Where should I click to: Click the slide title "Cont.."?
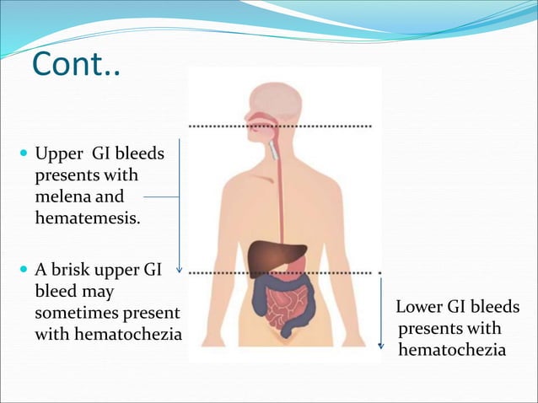coord(76,63)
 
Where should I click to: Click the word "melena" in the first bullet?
coord(62,197)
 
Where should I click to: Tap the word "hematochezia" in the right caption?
coord(452,348)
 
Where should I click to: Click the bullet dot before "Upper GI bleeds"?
coord(22,156)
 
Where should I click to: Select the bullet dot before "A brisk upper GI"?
coord(22,272)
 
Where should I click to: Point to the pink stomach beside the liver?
coord(296,268)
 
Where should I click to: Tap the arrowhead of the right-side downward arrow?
coord(381,345)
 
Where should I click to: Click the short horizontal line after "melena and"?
coord(162,197)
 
